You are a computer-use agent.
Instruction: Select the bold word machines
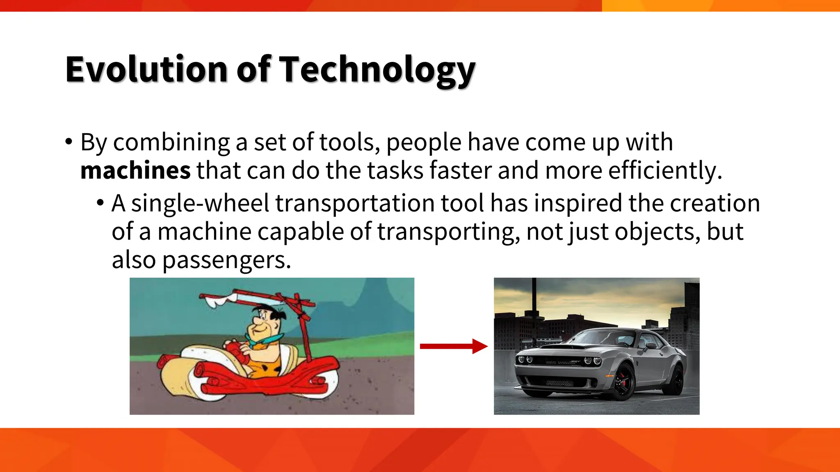[135, 170]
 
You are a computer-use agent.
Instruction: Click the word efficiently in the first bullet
[664, 170]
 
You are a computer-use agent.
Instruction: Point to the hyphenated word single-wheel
[200, 203]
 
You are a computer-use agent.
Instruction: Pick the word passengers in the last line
[226, 260]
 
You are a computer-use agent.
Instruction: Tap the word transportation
[355, 203]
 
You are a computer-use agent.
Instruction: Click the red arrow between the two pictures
[453, 346]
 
